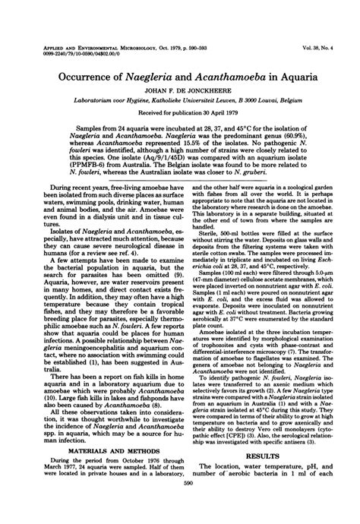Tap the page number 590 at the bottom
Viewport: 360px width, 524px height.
[x=179, y=510]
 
